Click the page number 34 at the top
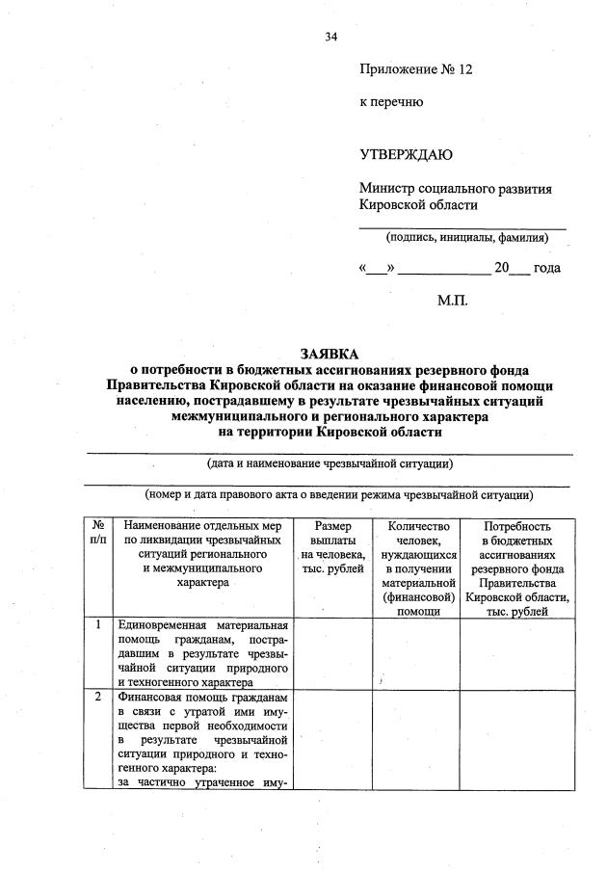330,37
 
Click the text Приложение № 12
417,69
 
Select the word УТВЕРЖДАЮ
406,154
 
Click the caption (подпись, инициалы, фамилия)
467,237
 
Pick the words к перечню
391,101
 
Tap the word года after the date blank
546,268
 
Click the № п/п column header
98,534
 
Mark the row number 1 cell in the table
98,625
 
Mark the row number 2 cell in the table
98,696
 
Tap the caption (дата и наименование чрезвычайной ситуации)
330,463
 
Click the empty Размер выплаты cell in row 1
332,652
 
